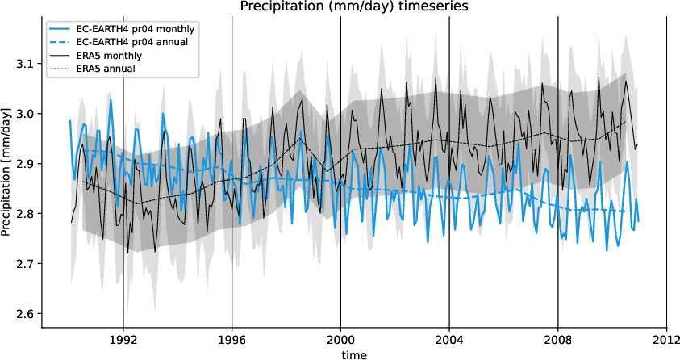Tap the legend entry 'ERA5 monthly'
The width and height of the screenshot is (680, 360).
[x=109, y=56]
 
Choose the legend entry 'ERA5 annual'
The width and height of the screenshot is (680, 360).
[x=106, y=69]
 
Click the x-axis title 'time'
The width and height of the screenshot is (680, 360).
[x=353, y=354]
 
